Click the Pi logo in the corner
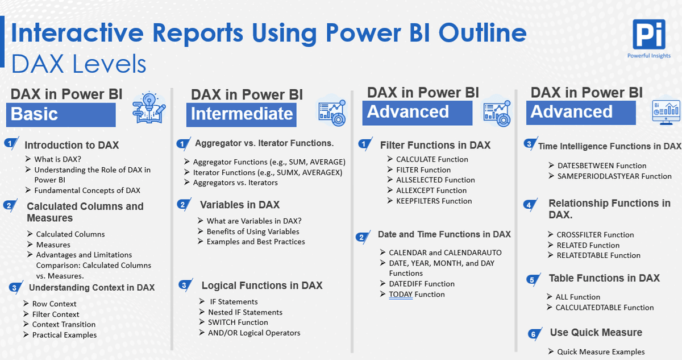649,34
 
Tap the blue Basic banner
61,114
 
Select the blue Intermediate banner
242,114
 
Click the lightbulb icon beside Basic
149,107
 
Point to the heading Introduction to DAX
72,145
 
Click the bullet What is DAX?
57,159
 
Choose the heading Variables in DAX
240,205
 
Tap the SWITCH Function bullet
238,322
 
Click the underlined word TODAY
401,294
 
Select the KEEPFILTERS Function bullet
434,201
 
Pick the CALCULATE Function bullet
432,159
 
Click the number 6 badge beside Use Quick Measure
534,334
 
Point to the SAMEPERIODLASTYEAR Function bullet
614,176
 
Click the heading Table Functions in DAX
604,278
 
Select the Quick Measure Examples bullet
601,352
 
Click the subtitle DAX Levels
78,64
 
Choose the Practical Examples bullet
64,335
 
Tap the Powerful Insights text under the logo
649,55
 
